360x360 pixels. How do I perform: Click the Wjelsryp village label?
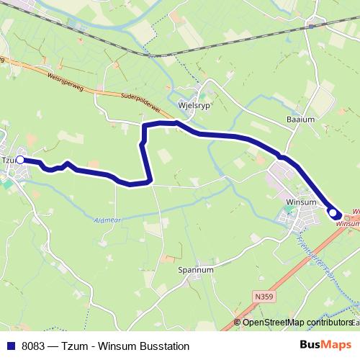click(193, 104)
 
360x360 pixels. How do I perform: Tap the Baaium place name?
click(300, 120)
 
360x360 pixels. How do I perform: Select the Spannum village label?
click(194, 270)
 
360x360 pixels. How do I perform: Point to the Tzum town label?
click(8, 160)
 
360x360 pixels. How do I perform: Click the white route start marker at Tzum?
click(21, 160)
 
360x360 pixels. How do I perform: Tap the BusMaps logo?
click(325, 346)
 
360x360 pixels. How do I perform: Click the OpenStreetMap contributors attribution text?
click(297, 323)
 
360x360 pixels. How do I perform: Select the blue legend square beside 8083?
click(11, 346)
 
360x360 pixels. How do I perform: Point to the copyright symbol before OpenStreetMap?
click(238, 323)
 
